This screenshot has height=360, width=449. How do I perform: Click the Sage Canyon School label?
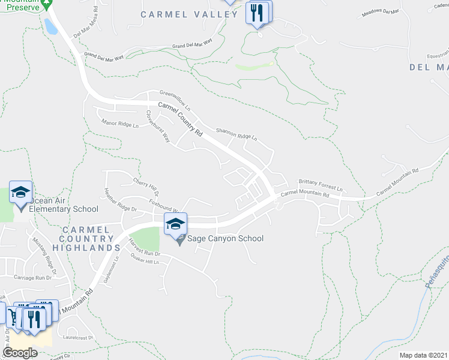[226, 239]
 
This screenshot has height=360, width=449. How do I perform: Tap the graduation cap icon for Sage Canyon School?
[175, 224]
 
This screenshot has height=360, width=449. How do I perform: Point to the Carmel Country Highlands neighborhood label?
[86, 238]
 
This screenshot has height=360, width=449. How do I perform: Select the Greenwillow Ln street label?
[175, 97]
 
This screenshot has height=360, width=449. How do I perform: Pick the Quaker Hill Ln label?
[148, 262]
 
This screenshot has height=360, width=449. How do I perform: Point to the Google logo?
[20, 353]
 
